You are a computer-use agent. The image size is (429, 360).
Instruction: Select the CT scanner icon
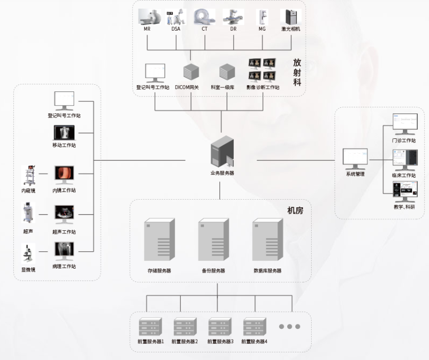click(204, 16)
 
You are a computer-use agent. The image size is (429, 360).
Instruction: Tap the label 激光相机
click(291, 29)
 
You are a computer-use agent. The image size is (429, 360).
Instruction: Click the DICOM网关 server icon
click(191, 73)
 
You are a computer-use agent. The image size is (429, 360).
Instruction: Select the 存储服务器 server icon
click(159, 239)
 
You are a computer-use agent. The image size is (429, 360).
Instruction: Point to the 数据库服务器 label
click(267, 271)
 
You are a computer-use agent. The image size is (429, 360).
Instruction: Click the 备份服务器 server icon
click(213, 239)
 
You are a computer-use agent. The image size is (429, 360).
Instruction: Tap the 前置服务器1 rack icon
click(150, 326)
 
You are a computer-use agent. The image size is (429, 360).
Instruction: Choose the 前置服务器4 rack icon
click(255, 326)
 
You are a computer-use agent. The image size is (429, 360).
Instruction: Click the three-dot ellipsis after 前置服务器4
click(289, 326)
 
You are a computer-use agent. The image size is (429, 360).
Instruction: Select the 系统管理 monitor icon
click(355, 159)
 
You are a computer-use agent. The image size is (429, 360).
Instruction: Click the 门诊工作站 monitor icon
click(405, 124)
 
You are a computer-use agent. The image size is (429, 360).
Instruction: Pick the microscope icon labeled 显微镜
click(28, 254)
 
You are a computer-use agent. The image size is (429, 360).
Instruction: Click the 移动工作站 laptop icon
click(64, 133)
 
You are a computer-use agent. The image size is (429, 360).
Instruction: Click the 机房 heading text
click(295, 210)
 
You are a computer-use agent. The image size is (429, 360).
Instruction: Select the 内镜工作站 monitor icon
click(64, 175)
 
